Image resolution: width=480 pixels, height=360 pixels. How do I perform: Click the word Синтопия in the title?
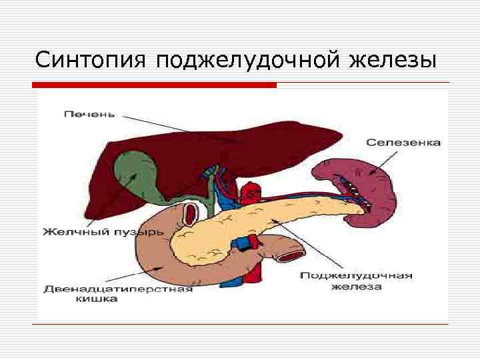[91, 61]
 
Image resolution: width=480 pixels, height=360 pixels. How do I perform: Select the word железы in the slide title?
[393, 61]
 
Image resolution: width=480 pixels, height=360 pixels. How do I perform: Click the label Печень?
[89, 114]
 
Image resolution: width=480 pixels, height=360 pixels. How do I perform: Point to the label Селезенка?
[403, 143]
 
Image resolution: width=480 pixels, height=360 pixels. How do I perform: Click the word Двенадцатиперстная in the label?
[118, 289]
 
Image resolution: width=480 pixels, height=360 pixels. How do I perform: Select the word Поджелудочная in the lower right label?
[356, 275]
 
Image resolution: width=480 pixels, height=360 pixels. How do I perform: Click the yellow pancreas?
[267, 220]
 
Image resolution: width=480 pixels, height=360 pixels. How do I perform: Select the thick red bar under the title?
[154, 85]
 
